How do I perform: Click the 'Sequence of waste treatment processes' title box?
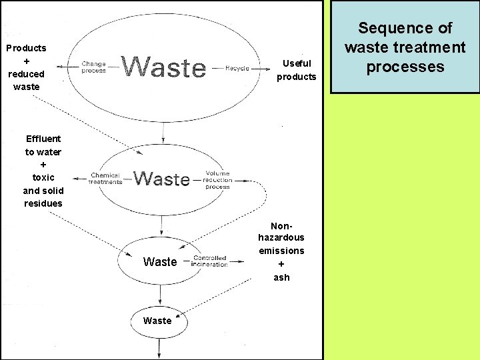coord(405,47)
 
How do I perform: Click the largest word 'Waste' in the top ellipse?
coord(165,67)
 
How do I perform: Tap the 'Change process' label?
coord(93,67)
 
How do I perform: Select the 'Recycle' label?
coord(237,68)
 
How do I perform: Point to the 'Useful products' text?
coord(297,70)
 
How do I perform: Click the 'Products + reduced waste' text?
coord(26,67)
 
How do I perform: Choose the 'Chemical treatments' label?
coord(106,179)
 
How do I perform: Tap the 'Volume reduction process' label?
coord(218,180)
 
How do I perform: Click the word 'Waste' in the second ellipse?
coord(161,179)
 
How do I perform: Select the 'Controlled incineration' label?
coord(209,261)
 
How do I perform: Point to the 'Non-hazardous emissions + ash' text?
coord(281,251)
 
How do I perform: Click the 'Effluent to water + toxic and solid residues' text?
coord(43,171)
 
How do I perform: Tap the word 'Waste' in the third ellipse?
coord(160,262)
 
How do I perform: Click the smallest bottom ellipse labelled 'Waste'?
coord(159,321)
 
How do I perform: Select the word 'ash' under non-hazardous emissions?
coord(281,277)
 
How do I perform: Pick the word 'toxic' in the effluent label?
coord(43,177)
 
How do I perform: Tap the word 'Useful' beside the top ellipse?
coord(297,63)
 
